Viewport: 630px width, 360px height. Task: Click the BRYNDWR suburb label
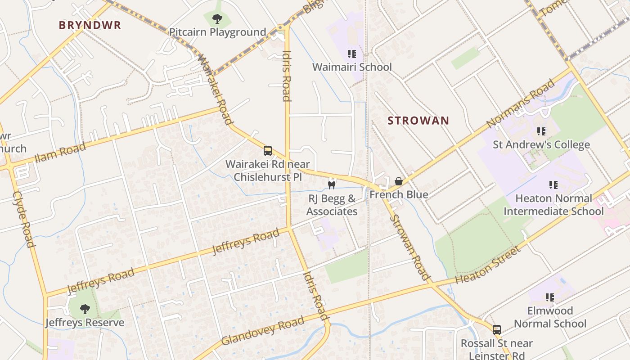90,25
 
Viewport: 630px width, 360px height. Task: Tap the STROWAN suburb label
418,121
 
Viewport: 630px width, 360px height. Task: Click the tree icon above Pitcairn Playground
217,19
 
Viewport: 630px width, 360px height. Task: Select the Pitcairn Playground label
217,32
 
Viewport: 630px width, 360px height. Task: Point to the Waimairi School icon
352,54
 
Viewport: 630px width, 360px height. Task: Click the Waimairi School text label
352,67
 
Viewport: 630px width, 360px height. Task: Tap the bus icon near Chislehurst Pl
268,151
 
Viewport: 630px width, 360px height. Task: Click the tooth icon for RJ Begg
332,184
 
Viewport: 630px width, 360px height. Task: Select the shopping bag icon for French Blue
398,181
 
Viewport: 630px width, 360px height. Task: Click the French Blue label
399,195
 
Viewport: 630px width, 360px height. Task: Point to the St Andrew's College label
541,144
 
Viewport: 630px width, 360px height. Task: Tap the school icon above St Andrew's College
541,131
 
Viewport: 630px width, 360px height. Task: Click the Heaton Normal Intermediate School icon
553,184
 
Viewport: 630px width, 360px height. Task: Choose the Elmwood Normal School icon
550,297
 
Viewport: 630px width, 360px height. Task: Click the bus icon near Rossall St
496,330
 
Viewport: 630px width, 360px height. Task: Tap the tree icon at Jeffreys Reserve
85,309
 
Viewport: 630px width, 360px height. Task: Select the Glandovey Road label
263,331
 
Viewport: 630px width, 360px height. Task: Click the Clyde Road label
24,219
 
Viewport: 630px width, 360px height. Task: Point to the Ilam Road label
60,152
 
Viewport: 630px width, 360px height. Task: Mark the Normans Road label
521,103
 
